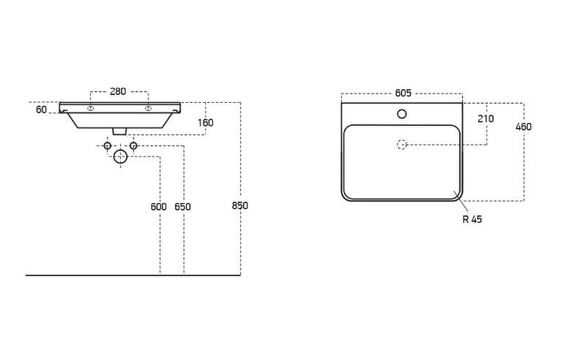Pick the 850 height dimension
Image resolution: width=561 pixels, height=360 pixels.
(x=241, y=206)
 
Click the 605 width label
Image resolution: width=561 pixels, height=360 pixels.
(x=402, y=92)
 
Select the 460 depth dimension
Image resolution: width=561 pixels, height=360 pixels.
(x=523, y=127)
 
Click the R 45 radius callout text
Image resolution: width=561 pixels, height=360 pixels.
(x=472, y=219)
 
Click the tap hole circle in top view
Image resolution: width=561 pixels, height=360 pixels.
(x=402, y=113)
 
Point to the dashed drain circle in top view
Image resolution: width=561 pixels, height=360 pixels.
(x=402, y=145)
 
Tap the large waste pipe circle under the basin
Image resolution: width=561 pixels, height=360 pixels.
(x=120, y=156)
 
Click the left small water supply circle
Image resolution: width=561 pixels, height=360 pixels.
(x=107, y=145)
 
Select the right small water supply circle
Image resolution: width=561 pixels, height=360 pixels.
(x=133, y=145)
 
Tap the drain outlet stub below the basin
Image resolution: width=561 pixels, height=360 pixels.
(x=120, y=131)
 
